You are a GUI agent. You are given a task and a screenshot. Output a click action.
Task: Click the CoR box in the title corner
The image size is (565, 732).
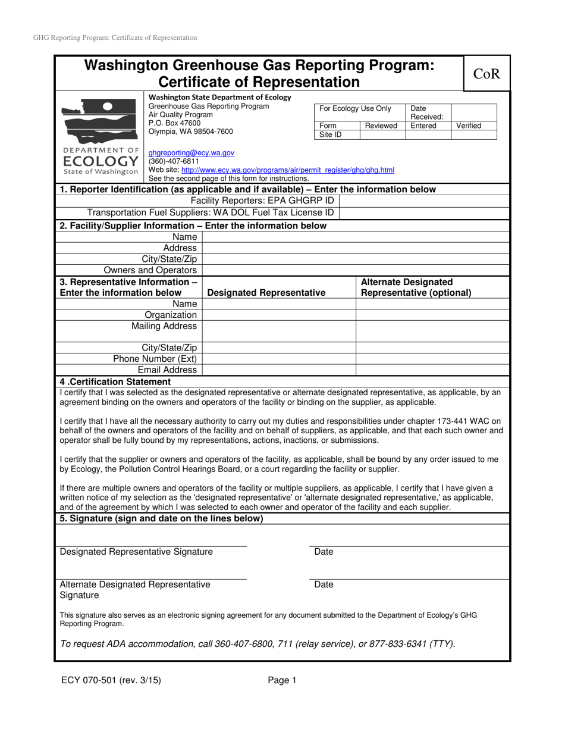(x=486, y=74)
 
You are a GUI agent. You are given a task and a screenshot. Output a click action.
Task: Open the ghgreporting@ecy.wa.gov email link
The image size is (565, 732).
(x=191, y=153)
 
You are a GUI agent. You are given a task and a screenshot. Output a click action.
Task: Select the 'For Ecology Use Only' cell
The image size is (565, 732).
(x=355, y=108)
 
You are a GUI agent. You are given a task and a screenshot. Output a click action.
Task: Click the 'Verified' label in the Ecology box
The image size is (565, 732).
(x=469, y=126)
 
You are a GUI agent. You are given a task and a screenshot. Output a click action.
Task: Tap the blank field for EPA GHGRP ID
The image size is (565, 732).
(x=424, y=201)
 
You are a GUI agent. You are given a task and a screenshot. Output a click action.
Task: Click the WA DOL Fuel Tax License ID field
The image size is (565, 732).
(x=424, y=213)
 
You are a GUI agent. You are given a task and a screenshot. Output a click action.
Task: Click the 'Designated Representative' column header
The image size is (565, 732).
(x=266, y=293)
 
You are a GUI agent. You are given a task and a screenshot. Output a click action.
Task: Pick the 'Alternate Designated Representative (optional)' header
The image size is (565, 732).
(x=416, y=287)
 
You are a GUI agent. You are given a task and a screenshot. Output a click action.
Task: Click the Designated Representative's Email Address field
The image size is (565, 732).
(x=278, y=370)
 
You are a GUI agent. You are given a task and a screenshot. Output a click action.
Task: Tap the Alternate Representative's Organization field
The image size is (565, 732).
(x=432, y=315)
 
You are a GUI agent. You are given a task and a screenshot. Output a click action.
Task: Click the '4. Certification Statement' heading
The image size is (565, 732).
(x=115, y=381)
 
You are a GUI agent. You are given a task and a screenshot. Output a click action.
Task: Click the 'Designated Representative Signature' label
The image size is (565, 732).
(x=136, y=552)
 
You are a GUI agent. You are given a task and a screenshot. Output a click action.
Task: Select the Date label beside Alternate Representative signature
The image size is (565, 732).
(x=324, y=584)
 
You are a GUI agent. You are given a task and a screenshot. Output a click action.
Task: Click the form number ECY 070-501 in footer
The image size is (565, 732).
(x=110, y=680)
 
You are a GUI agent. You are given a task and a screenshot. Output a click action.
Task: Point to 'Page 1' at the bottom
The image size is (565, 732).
(x=281, y=680)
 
